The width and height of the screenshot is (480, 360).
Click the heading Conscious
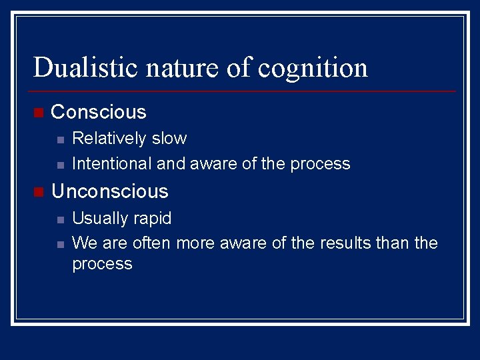pos(99,111)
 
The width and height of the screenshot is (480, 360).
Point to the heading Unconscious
pos(110,191)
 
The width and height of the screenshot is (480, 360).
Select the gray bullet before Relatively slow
pos(59,139)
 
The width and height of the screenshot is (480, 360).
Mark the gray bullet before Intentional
pos(59,164)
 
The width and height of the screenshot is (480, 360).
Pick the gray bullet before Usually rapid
pos(59,219)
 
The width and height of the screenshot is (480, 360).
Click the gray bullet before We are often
pos(59,243)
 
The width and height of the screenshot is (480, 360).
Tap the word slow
pos(169,139)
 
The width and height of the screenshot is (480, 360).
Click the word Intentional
pos(111,163)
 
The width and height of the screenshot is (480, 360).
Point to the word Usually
pos(99,219)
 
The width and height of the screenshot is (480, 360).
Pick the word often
pos(152,243)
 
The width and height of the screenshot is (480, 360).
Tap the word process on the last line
pos(102,265)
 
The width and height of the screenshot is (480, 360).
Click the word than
pos(393,243)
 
